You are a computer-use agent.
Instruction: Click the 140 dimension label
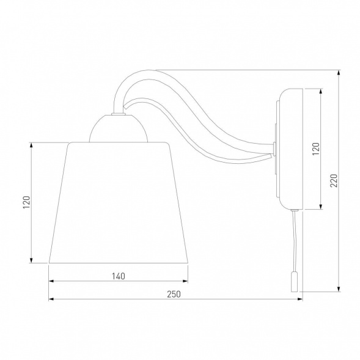(119, 276)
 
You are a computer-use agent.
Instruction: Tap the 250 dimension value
(174, 294)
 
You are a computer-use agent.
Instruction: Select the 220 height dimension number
(334, 180)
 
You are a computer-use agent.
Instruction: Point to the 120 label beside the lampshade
(27, 202)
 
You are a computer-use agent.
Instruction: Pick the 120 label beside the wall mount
(316, 149)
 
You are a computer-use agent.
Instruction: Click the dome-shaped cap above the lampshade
(118, 128)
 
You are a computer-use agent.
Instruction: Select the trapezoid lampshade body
(119, 202)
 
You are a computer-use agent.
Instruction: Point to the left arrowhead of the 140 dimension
(51, 281)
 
